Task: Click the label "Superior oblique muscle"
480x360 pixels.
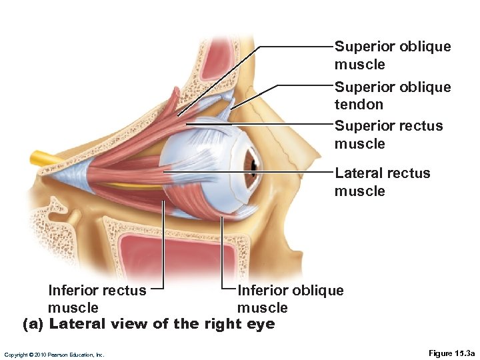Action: point(393,55)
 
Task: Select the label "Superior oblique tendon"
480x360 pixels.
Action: point(393,95)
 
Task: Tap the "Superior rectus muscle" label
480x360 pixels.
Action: point(389,135)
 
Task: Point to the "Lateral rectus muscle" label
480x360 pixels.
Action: point(383,182)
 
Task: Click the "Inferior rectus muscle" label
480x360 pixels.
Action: point(97,299)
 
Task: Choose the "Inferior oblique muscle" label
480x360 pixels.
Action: point(291,299)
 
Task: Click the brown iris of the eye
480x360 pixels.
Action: point(253,162)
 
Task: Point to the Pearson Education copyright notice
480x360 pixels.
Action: point(54,355)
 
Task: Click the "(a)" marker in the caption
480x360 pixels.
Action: point(34,325)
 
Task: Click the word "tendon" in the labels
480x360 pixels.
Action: point(359,105)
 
